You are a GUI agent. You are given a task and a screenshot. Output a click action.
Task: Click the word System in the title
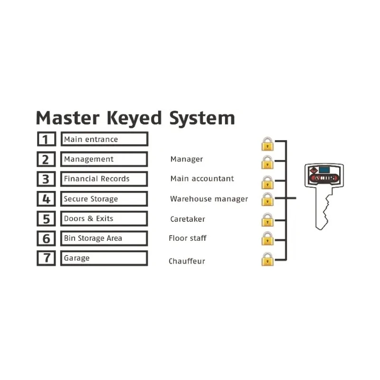(x=202, y=118)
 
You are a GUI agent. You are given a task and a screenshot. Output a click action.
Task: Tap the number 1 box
(x=47, y=139)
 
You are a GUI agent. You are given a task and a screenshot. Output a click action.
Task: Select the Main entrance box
(x=104, y=139)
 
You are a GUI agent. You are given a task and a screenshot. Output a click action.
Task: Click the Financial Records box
(x=104, y=179)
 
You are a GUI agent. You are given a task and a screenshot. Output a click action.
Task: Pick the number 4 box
(x=46, y=199)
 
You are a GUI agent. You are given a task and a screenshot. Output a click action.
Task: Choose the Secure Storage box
(x=104, y=199)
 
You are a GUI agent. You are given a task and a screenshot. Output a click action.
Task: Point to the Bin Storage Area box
(x=104, y=238)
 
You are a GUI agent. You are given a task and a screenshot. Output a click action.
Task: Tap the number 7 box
(x=46, y=258)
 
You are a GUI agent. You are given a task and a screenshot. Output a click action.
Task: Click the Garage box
(x=104, y=258)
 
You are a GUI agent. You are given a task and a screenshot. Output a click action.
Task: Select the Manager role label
(x=187, y=159)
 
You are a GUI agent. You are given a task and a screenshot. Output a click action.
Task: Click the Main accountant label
(x=202, y=179)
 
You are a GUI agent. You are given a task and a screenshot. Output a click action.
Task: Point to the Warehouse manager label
(x=209, y=199)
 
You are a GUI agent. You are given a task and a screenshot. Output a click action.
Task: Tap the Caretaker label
(x=188, y=219)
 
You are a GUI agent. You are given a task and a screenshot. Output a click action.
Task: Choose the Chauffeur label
(x=187, y=261)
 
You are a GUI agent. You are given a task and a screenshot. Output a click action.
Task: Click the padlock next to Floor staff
(x=267, y=238)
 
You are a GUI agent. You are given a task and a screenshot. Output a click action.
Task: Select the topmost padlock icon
(x=267, y=144)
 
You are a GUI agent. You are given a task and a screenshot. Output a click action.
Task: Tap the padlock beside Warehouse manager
(x=267, y=199)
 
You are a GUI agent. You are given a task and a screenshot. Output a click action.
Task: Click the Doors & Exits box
(x=104, y=218)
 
